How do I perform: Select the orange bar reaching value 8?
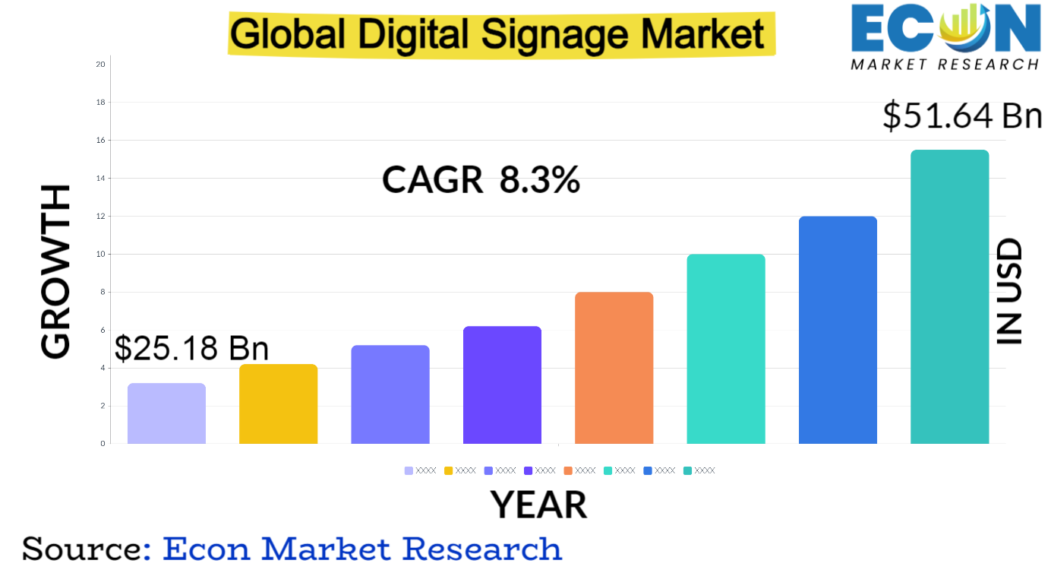(x=614, y=368)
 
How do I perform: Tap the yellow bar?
(x=278, y=404)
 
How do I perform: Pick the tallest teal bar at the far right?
(x=949, y=296)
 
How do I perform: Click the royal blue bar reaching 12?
(x=838, y=330)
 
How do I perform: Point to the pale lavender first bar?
(x=166, y=413)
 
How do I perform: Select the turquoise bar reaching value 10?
(x=725, y=349)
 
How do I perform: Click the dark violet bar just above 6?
(x=502, y=385)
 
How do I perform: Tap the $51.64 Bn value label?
(x=961, y=116)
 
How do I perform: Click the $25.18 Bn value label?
(x=191, y=348)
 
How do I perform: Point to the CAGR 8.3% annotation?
(x=481, y=181)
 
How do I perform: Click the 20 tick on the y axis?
(x=101, y=65)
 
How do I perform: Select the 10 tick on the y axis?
(x=101, y=255)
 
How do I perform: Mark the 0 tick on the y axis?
(x=103, y=444)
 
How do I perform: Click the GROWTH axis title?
(x=55, y=271)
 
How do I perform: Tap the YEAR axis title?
(x=538, y=505)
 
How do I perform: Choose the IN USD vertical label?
(x=1009, y=293)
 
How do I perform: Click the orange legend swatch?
(x=568, y=471)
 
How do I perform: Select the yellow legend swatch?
(x=449, y=471)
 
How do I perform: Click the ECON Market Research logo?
(x=945, y=36)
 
